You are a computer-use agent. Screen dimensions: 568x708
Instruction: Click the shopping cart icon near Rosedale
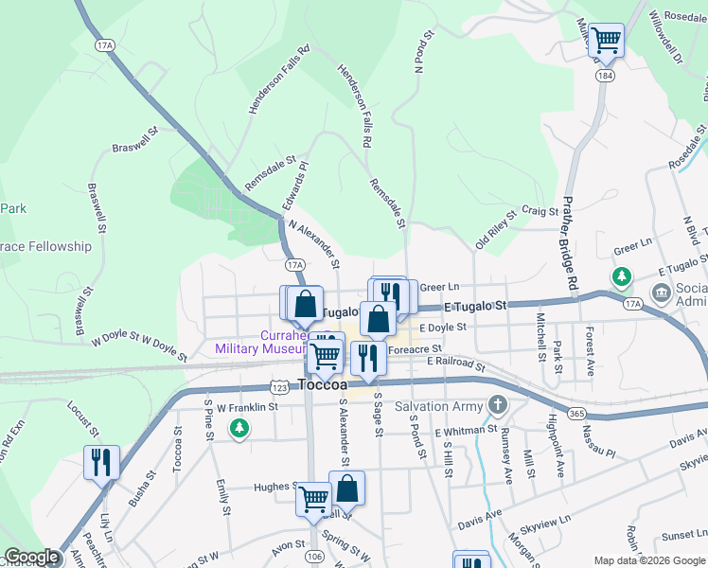pos(606,40)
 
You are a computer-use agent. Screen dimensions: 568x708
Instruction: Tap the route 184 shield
pos(603,74)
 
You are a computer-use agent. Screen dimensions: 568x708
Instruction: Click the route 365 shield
pos(575,413)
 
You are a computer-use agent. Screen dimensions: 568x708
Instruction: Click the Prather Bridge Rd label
pos(569,242)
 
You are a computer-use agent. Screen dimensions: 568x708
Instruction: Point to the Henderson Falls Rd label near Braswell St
pos(267,80)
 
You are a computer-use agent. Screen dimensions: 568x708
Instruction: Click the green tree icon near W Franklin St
pos(240,430)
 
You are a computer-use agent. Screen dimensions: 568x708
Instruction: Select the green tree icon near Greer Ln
pos(622,277)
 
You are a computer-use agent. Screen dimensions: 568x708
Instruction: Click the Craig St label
pos(539,212)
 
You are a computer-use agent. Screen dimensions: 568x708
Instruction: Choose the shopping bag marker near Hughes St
pos(346,488)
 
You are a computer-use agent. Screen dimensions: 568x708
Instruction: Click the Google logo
pos(31,558)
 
